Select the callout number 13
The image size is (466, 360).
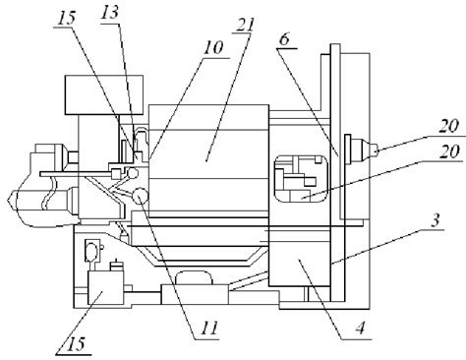(110, 14)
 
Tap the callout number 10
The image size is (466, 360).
(212, 48)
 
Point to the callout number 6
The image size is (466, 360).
(285, 39)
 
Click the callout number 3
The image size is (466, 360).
(435, 220)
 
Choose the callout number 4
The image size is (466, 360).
(361, 328)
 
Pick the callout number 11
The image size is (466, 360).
(209, 328)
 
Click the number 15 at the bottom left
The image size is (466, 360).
(76, 343)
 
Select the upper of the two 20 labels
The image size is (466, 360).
(448, 126)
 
